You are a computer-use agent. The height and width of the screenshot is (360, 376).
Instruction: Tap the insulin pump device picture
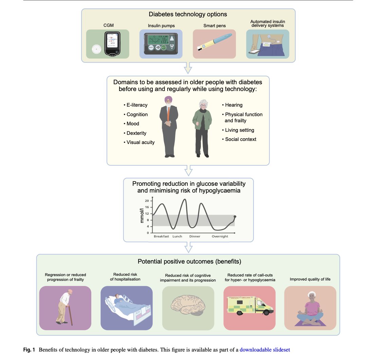pos(161,43)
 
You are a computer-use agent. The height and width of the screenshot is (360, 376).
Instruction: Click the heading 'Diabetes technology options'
pos(188,14)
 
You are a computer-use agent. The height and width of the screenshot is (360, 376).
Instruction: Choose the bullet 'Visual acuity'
pos(139,142)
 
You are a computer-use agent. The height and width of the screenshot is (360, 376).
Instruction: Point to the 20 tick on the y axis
pos(147,201)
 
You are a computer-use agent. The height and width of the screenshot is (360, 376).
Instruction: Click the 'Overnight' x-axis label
pos(220,236)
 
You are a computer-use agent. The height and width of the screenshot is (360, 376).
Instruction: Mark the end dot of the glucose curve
pos(235,217)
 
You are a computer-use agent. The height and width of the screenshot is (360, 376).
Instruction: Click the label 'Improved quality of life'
pos(310,280)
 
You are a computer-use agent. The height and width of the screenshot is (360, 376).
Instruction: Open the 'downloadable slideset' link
pos(265,349)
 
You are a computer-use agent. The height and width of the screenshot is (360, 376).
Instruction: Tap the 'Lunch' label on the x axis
pos(177,236)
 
